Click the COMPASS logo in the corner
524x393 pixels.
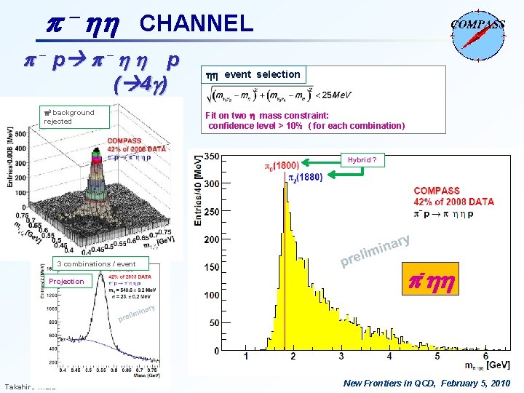[478, 33]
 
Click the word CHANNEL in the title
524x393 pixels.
[196, 24]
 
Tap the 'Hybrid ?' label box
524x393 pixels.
[362, 160]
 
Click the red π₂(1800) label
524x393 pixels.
[281, 166]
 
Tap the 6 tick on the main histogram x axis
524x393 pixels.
[435, 357]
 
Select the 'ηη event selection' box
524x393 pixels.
[254, 74]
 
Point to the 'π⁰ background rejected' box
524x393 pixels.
[69, 116]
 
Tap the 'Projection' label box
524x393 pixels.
[67, 281]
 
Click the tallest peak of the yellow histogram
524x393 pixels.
[283, 172]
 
